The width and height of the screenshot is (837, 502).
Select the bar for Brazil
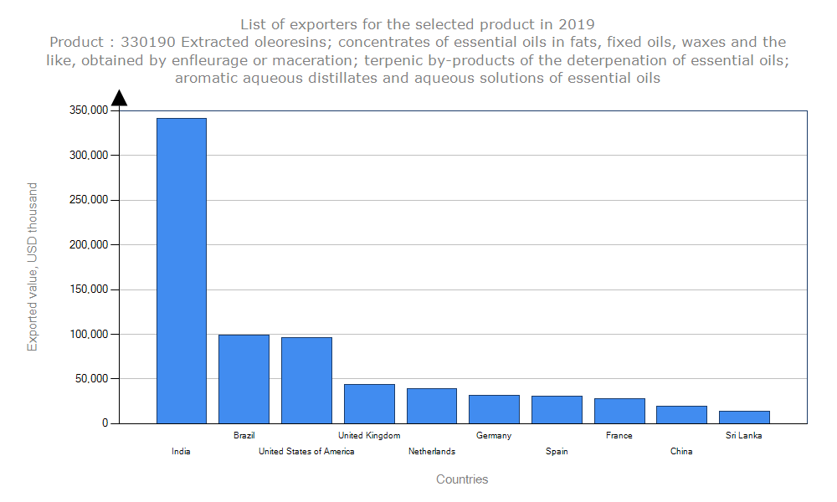coord(244,379)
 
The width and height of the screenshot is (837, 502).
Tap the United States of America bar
coord(306,380)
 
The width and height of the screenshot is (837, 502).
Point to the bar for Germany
coord(494,409)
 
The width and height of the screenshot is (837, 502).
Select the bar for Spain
coord(557,409)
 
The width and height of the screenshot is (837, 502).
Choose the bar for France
coord(619,411)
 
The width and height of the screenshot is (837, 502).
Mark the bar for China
coord(681,414)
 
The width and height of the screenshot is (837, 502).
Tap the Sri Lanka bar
coord(744,417)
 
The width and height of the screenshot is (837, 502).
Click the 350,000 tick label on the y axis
coord(88,110)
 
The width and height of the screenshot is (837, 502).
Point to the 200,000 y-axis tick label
coord(88,244)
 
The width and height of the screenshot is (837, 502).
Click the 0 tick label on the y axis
coord(105,423)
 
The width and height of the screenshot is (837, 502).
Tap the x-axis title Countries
coord(462,479)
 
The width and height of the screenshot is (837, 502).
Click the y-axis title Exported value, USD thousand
coord(33,267)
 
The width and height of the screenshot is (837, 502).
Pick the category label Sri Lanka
coord(744,435)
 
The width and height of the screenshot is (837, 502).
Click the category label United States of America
coord(306,452)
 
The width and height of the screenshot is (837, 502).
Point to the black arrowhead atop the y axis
coord(119,98)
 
